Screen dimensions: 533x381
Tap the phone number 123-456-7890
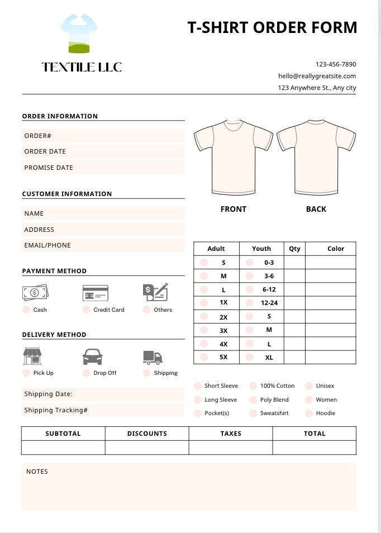click(x=335, y=64)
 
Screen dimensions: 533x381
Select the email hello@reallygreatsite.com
click(x=317, y=76)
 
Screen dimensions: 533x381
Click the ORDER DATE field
click(x=103, y=151)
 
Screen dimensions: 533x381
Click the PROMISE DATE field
click(x=103, y=168)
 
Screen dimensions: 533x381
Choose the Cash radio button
click(x=26, y=310)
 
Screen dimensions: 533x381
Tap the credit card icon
click(x=95, y=293)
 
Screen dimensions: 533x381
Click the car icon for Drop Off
click(x=93, y=356)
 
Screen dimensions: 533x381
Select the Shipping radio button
click(x=147, y=373)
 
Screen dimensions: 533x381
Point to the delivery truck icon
click(x=153, y=357)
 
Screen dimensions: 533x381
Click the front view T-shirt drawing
click(x=233, y=156)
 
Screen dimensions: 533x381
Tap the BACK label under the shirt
click(x=316, y=209)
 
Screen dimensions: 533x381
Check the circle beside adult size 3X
click(x=204, y=330)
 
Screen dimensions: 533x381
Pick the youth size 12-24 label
click(x=269, y=303)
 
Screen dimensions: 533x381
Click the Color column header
click(x=336, y=249)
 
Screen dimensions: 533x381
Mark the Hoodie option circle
click(x=309, y=413)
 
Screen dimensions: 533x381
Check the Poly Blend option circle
click(x=253, y=400)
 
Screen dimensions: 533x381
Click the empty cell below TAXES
click(x=231, y=448)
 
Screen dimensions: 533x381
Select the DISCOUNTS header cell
click(x=147, y=434)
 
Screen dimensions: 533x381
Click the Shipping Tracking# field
click(x=103, y=410)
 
